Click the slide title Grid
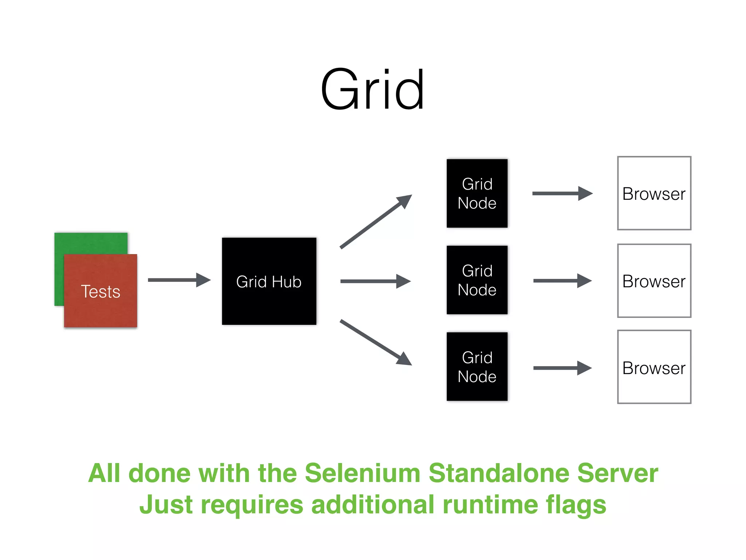[372, 90]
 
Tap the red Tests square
[101, 291]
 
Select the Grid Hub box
[269, 281]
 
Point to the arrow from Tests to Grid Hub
[178, 280]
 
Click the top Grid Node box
[477, 193]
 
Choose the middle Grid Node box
[477, 280]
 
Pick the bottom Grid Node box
[477, 366]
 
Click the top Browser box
[654, 193]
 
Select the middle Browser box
[654, 281]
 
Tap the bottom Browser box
[654, 367]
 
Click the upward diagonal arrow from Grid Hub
[375, 222]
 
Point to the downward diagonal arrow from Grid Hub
[375, 342]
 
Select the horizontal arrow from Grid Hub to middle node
[375, 281]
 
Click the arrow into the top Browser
[562, 193]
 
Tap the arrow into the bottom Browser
[562, 368]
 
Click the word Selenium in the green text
[362, 473]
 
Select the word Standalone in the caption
[499, 473]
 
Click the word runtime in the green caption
[490, 505]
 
